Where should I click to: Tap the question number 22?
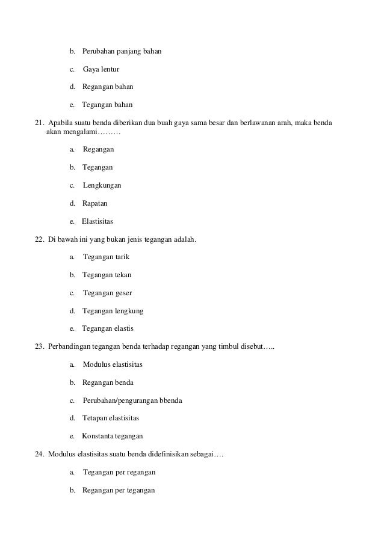coord(40,239)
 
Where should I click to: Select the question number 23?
coord(40,347)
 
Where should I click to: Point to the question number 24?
coord(40,455)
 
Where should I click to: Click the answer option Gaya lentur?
coord(105,69)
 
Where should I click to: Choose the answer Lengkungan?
coord(105,186)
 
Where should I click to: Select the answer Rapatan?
coord(95,204)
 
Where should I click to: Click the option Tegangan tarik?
coord(106,257)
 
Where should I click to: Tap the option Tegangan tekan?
coord(107,275)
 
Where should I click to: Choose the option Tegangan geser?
coord(107,293)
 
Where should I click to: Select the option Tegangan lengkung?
coord(113,311)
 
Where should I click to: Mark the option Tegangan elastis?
coord(108,329)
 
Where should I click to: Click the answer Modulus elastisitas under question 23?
coord(113,365)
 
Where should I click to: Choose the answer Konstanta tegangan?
coord(112,437)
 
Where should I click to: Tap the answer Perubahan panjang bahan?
coord(122,51)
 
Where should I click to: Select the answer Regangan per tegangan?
coord(119,491)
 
